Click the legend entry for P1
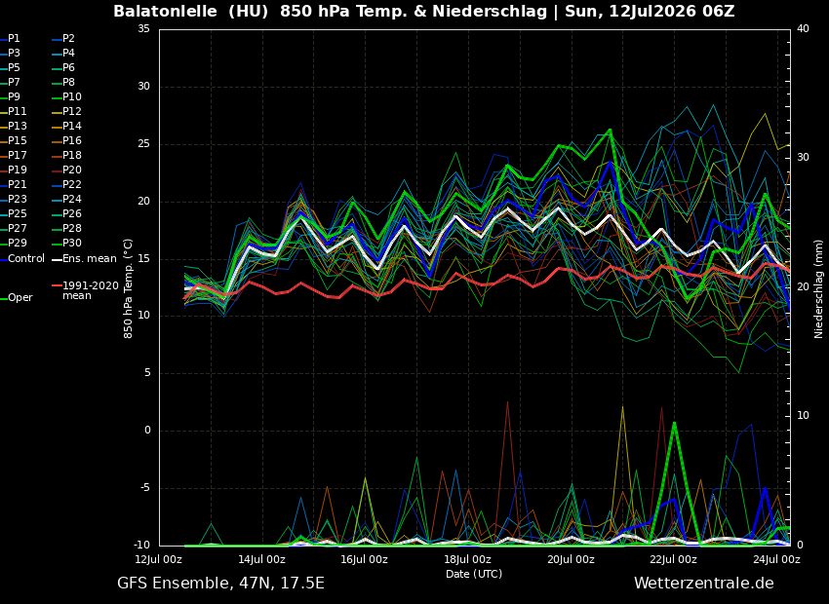[x=11, y=39]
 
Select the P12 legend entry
[x=67, y=111]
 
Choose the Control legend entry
[x=22, y=259]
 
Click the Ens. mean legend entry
[x=85, y=259]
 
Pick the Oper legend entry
[x=17, y=298]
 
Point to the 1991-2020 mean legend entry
[x=86, y=290]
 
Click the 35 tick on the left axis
[x=143, y=28]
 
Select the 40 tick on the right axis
[x=803, y=28]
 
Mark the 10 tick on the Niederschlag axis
[x=803, y=416]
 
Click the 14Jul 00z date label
[x=261, y=559]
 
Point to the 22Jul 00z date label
[x=673, y=559]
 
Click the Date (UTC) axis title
[x=474, y=574]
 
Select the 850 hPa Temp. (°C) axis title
[x=129, y=288]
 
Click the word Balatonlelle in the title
[x=166, y=11]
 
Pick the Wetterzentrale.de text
[x=704, y=584]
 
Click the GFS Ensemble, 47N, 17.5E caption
[x=220, y=584]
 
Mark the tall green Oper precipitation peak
[x=674, y=423]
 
